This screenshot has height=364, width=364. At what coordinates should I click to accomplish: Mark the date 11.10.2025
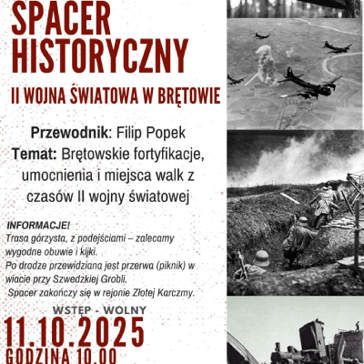point(75,332)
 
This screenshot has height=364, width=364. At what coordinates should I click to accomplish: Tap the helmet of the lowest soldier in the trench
point(262,258)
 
